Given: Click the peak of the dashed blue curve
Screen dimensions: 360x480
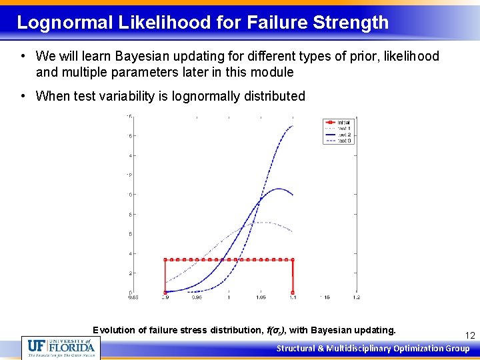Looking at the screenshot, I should coord(292,126).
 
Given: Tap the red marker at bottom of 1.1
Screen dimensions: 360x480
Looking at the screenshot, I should coord(293,293).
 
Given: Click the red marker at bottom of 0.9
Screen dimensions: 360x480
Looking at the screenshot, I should coord(165,293).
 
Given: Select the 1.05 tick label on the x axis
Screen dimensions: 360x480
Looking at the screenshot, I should coord(260,298).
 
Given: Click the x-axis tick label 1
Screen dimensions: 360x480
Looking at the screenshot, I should coord(229,298).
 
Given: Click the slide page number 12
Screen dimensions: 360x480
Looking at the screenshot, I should coord(470,335).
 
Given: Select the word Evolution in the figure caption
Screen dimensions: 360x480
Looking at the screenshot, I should coord(114,330).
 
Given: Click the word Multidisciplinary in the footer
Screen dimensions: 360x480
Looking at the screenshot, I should coord(358,348).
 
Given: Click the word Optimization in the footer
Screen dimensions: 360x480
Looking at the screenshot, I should coord(419,348).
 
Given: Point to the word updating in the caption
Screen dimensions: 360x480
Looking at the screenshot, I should coord(377,330).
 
